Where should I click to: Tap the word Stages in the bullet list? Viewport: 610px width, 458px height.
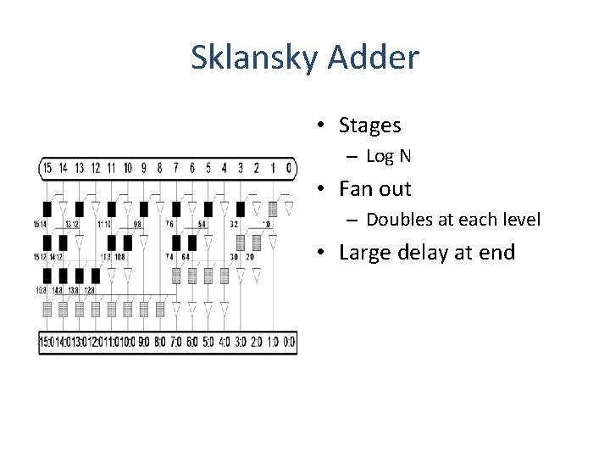pyautogui.click(x=369, y=126)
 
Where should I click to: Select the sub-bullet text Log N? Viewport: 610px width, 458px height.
pyautogui.click(x=388, y=156)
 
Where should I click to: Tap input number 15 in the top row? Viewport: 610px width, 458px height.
pyautogui.click(x=47, y=168)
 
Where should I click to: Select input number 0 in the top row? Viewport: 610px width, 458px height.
pyautogui.click(x=289, y=168)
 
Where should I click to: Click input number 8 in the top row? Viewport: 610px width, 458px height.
pyautogui.click(x=160, y=168)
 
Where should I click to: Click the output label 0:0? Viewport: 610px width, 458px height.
pyautogui.click(x=289, y=342)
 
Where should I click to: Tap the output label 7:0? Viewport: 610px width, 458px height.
pyautogui.click(x=176, y=342)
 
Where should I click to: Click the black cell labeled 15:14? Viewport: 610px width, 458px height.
pyautogui.click(x=47, y=208)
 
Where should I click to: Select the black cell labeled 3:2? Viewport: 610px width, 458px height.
pyautogui.click(x=241, y=208)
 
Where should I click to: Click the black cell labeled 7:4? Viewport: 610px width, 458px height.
pyautogui.click(x=176, y=242)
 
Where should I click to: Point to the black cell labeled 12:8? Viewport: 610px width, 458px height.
pyautogui.click(x=95, y=276)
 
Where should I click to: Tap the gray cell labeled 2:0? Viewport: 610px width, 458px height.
pyautogui.click(x=257, y=242)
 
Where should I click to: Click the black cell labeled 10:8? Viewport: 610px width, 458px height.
pyautogui.click(x=128, y=242)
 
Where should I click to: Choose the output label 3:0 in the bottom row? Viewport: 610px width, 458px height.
pyautogui.click(x=241, y=342)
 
